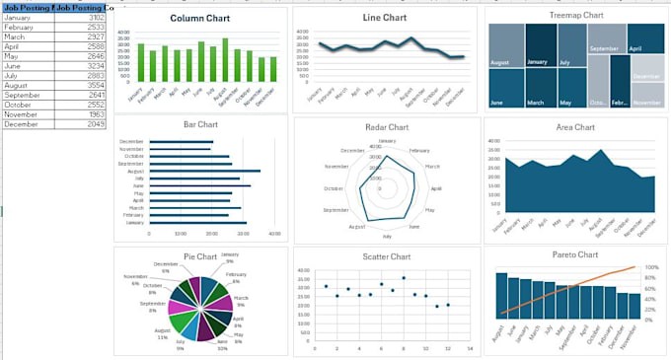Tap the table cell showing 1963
coord(94,113)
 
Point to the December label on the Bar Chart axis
coord(132,141)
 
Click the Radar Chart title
coord(385,127)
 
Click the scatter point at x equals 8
coord(403,278)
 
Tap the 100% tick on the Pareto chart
coord(652,267)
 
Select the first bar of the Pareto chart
coord(501,295)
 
